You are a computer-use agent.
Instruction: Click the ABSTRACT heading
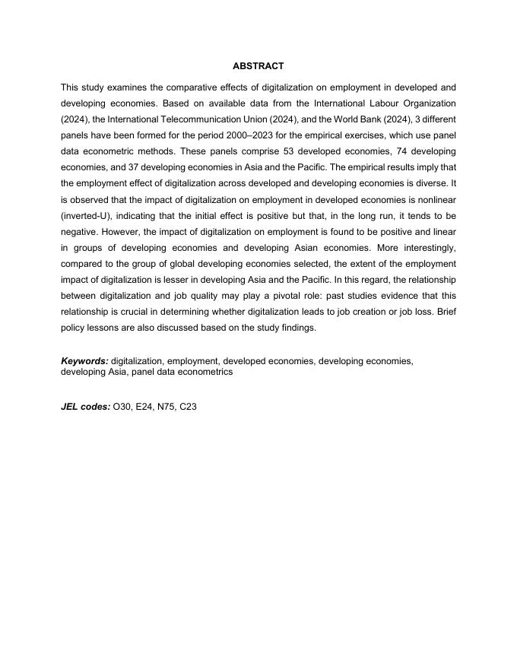258,66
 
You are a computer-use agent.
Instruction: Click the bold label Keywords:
84,361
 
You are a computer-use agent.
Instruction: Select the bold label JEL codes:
85,407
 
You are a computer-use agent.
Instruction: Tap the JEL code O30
122,407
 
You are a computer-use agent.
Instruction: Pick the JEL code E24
145,407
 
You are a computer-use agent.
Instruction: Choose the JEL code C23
189,407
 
